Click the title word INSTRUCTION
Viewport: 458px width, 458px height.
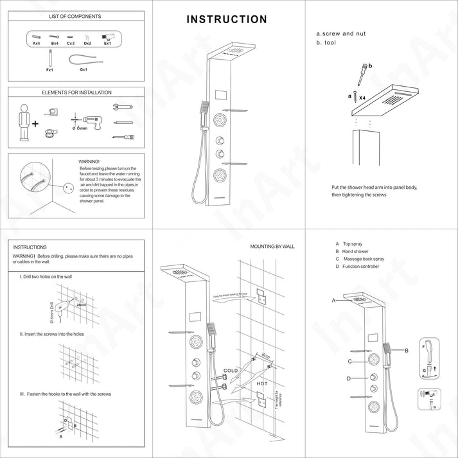tap(227, 19)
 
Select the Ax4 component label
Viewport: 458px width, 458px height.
tap(36, 44)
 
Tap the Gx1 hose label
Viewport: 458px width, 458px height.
tap(83, 69)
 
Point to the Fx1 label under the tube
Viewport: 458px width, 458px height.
tap(49, 69)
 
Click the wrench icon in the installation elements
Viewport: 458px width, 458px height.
tap(123, 107)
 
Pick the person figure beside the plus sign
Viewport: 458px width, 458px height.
tap(24, 121)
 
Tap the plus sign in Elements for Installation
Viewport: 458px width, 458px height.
tap(35, 123)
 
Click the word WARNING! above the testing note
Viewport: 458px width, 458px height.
tap(89, 162)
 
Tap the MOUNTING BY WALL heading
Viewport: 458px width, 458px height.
tap(272, 246)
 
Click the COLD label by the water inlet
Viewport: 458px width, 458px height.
tap(230, 371)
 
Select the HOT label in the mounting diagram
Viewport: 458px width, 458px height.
tap(263, 383)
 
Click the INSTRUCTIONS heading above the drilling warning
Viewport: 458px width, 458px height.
tap(30, 247)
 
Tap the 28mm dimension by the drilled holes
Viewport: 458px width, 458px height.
tap(81, 305)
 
